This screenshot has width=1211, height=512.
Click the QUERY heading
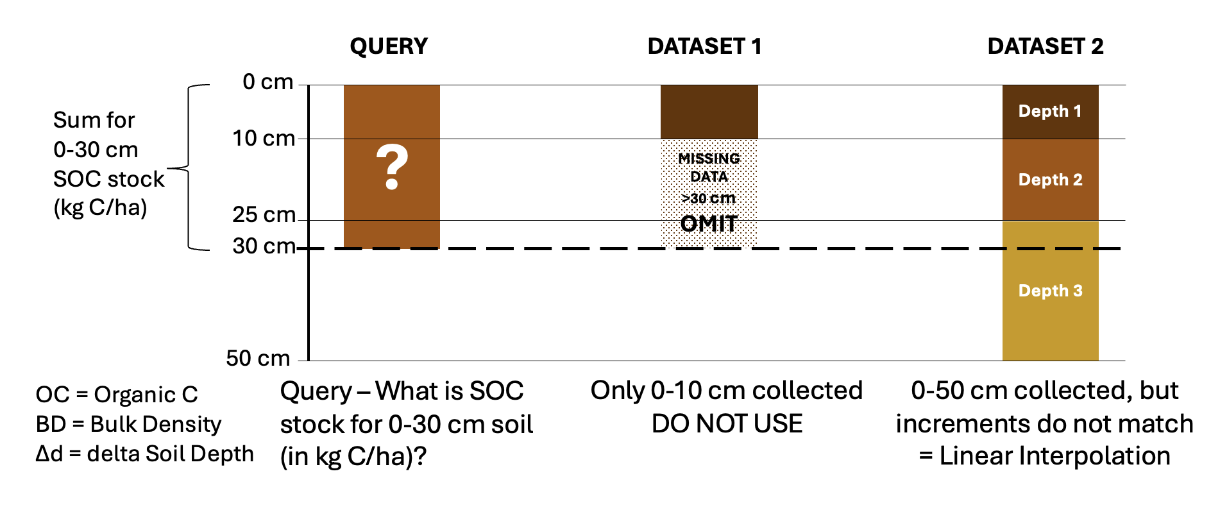pyautogui.click(x=389, y=47)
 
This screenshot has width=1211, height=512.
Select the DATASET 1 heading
pyautogui.click(x=704, y=46)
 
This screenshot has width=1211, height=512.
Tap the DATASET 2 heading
pyautogui.click(x=1046, y=46)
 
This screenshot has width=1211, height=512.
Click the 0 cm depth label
pyautogui.click(x=268, y=82)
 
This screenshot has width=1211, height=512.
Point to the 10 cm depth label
pyautogui.click(x=264, y=138)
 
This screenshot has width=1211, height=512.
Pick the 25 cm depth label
pyautogui.click(x=264, y=214)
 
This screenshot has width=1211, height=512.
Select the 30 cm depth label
pyautogui.click(x=264, y=246)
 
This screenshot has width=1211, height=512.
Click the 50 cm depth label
pyautogui.click(x=258, y=358)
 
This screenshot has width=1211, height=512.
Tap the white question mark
pyautogui.click(x=392, y=167)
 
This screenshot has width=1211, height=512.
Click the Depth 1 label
pyautogui.click(x=1050, y=111)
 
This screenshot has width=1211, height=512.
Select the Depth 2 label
pyautogui.click(x=1050, y=180)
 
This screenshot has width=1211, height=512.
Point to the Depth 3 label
pyautogui.click(x=1050, y=291)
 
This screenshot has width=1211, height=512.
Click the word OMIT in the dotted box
pyautogui.click(x=709, y=223)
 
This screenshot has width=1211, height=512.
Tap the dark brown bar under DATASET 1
pyautogui.click(x=709, y=112)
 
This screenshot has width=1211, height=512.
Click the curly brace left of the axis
pyautogui.click(x=189, y=168)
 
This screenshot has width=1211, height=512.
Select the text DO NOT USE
pyautogui.click(x=727, y=423)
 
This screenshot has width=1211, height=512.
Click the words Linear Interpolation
pyautogui.click(x=1054, y=456)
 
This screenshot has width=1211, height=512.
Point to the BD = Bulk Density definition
pyautogui.click(x=128, y=424)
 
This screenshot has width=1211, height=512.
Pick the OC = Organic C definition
pyautogui.click(x=117, y=395)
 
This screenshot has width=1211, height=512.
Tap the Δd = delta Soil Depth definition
pyautogui.click(x=144, y=454)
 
